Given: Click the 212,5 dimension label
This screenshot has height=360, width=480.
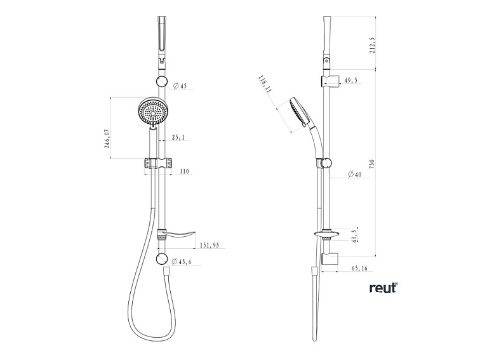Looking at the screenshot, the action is coord(372,46).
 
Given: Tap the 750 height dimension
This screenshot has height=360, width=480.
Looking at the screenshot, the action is coord(372,164).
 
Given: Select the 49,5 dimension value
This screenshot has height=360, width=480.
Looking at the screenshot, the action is coord(350,81).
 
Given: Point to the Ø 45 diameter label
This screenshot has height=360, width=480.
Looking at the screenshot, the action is coord(180,86).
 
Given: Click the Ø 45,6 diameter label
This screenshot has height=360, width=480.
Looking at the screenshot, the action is coord(182,262).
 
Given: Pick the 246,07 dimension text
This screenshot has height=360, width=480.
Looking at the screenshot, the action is coord(107,138).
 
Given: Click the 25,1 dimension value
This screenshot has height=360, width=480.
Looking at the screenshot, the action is coord(178,137).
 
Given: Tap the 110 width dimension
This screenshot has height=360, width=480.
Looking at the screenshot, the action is coord(184,171).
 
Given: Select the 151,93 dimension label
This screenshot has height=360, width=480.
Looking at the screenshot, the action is coord(210,245).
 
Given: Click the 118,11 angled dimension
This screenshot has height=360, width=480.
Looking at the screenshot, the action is coord(265,84).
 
